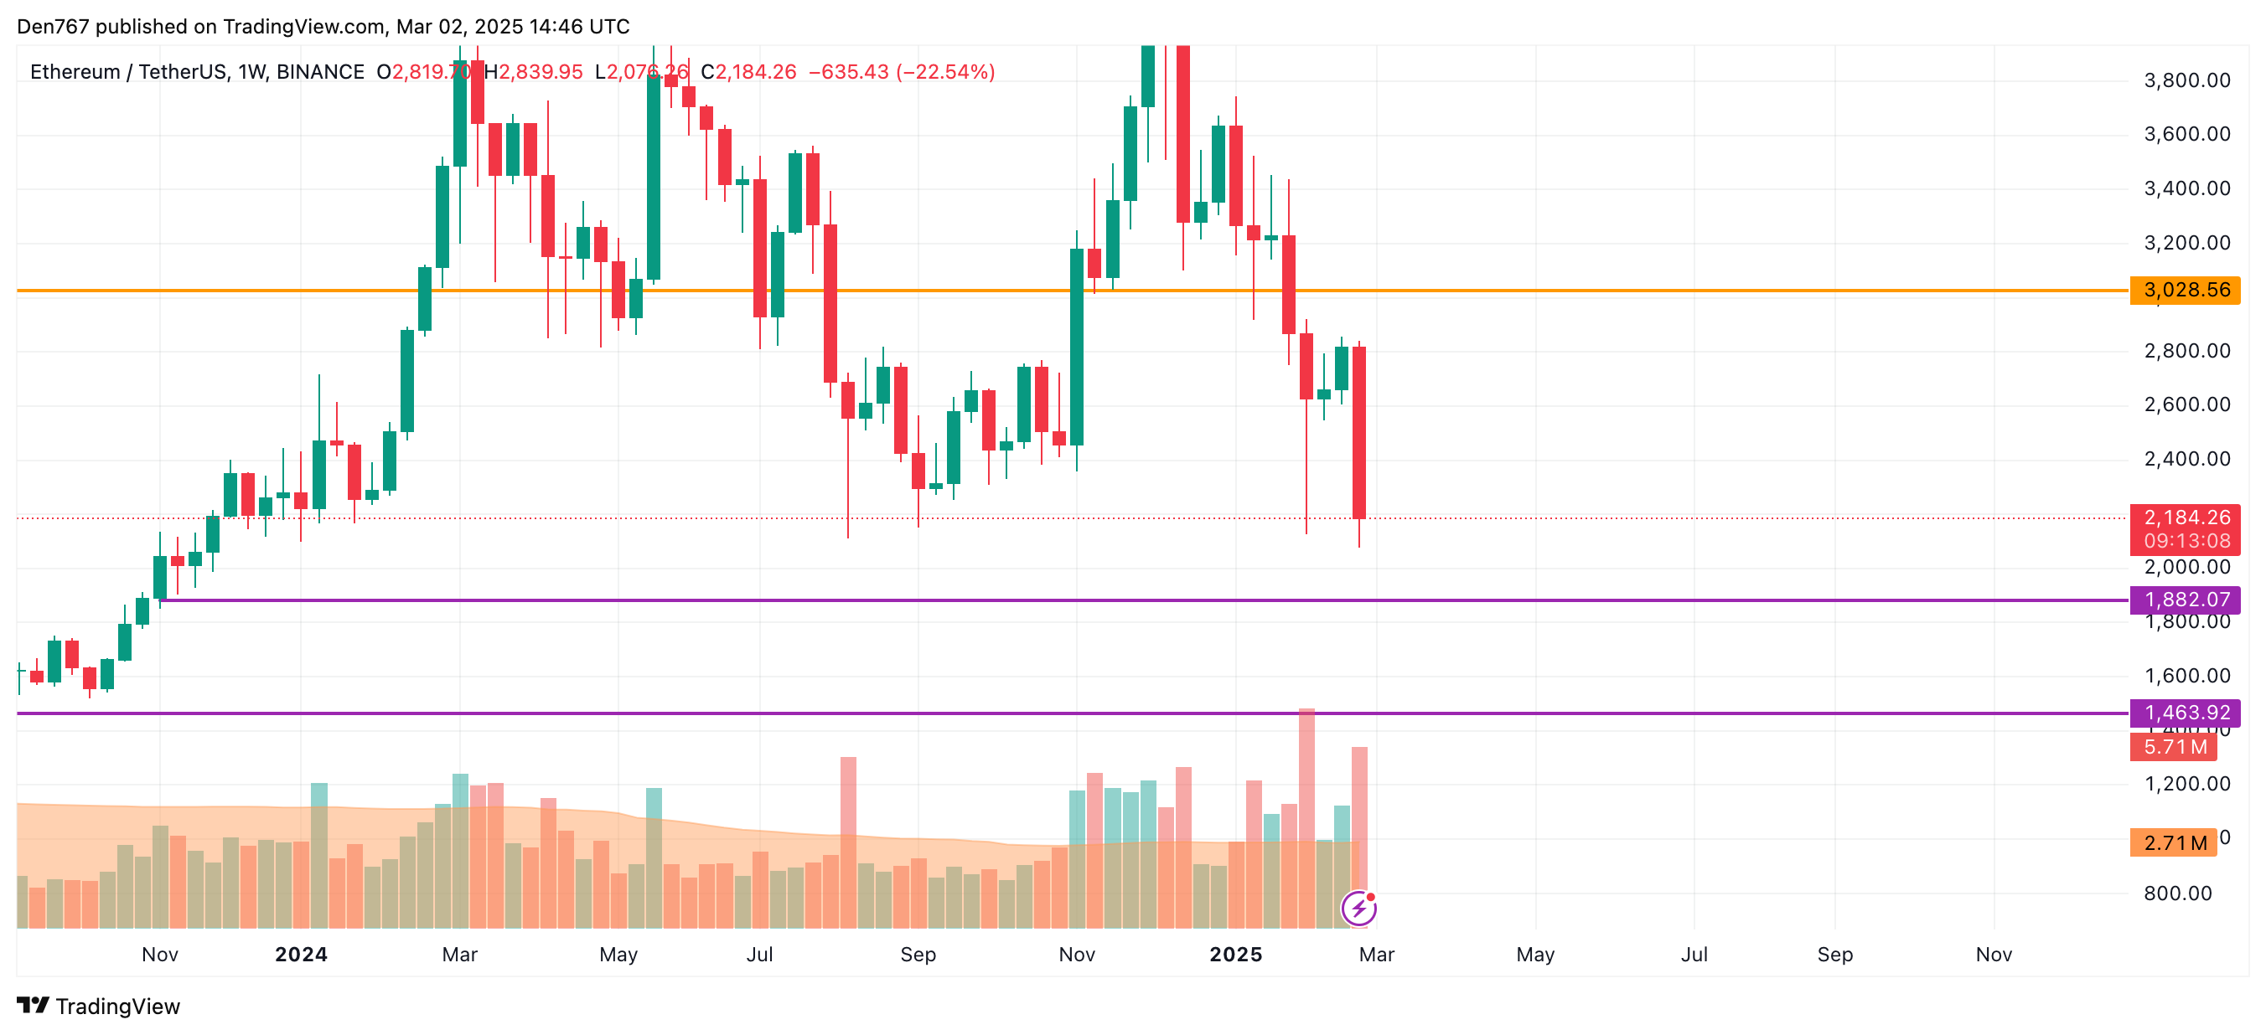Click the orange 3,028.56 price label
coord(2185,291)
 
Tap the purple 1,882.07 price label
coord(2185,600)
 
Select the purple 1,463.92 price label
coord(2185,713)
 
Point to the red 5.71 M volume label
coord(2174,748)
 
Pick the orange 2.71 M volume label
coord(2174,842)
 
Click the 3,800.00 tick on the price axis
coord(2187,81)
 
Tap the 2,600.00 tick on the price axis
coord(2187,404)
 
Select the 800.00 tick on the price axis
coord(2177,893)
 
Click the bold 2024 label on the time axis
coord(301,954)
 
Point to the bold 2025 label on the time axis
coord(1235,954)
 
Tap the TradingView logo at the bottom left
coord(99,1006)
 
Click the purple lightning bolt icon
coord(1358,909)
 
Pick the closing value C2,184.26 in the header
coord(748,72)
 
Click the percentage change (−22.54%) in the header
coord(944,72)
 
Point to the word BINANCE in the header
coord(320,72)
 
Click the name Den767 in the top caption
coord(53,27)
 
